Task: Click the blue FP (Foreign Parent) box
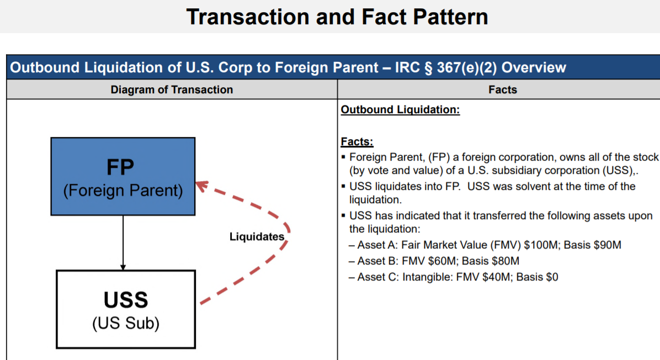coord(123,177)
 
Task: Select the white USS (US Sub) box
coord(126,309)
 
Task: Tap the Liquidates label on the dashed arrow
coord(257,237)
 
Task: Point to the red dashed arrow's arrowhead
coord(202,186)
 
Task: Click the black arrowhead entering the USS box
coord(123,267)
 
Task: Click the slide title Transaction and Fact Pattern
coord(337,17)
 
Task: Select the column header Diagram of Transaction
coord(172,89)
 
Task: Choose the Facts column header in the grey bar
coord(503,89)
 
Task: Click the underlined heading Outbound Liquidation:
coord(400,110)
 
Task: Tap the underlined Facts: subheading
coord(357,142)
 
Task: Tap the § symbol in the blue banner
coord(428,68)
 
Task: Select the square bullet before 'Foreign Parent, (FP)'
coord(343,157)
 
